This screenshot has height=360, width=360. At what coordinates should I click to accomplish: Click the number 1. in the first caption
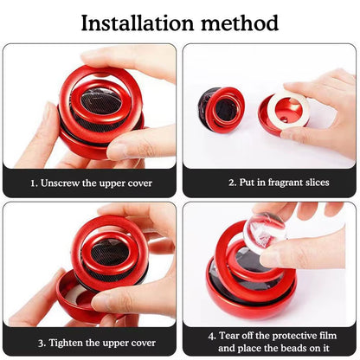point(33,183)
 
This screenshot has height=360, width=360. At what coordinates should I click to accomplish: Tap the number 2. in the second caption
point(232,183)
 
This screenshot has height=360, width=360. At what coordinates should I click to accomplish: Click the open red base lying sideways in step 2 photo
point(221,110)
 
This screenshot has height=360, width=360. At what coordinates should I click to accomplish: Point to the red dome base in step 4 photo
point(251,299)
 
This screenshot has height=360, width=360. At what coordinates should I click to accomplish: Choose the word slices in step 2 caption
point(315,183)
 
